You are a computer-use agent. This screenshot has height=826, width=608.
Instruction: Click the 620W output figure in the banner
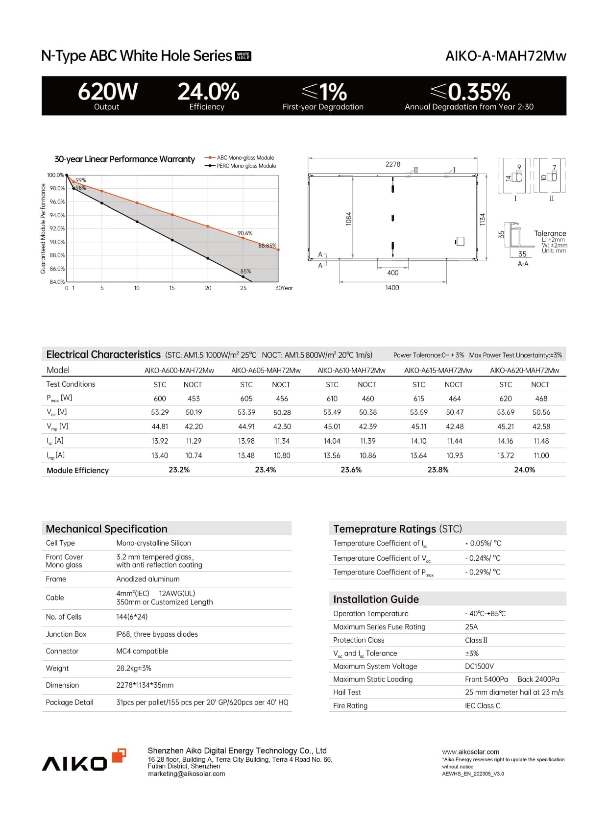tap(108, 92)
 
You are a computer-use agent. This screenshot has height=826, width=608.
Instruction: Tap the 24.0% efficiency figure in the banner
tap(208, 92)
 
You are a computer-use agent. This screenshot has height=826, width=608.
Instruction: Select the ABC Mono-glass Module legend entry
tap(245, 158)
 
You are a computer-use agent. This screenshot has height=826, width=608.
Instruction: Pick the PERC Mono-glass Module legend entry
tap(246, 166)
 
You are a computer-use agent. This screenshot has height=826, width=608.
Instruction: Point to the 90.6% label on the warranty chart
tap(245, 233)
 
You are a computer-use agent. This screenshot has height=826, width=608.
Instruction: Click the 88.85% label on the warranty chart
tap(268, 246)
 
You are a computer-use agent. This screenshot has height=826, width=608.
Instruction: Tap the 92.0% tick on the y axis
tap(57, 228)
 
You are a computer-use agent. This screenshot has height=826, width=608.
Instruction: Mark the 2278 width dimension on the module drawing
tap(392, 164)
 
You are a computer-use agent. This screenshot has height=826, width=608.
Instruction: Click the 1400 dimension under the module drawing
tap(392, 288)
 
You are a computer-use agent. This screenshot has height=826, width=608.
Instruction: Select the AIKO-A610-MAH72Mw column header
tap(351, 371)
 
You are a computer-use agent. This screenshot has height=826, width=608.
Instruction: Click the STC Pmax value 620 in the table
tap(505, 399)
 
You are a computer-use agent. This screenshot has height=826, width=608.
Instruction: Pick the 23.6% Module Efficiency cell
tap(351, 470)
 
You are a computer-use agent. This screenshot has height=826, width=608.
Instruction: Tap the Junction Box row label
tap(66, 634)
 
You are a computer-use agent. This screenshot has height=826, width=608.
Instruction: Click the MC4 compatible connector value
tap(142, 651)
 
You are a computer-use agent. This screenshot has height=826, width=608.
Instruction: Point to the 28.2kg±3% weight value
tap(134, 668)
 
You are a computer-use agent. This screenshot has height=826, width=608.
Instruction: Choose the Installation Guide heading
tap(376, 599)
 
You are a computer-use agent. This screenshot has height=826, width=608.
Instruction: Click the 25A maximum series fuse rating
tap(471, 627)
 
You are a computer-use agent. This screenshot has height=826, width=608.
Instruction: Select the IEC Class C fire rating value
tap(483, 706)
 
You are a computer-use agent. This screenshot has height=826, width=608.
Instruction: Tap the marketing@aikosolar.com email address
tap(186, 774)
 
